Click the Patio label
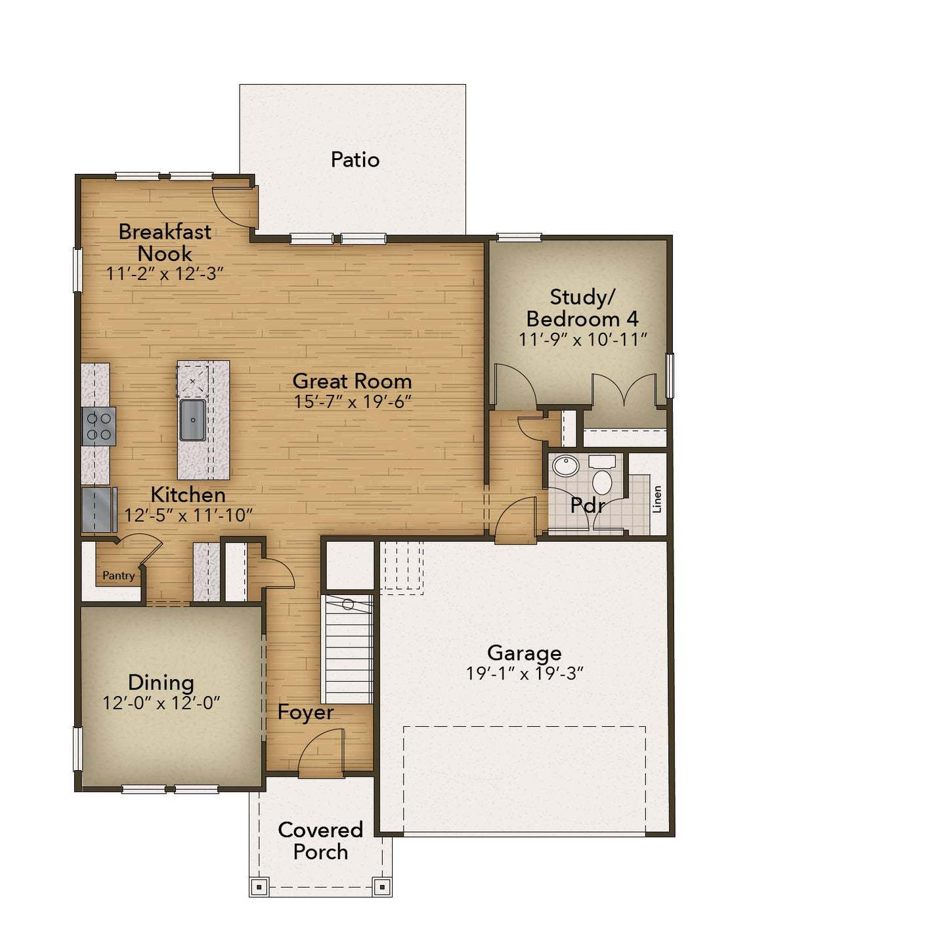355,159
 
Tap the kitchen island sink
192,420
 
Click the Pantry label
118,575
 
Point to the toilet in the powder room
602,477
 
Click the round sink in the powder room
565,466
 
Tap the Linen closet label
657,499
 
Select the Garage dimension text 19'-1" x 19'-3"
525,674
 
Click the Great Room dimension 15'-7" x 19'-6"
353,401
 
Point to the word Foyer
305,712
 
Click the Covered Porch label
320,840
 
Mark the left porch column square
259,887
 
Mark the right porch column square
382,887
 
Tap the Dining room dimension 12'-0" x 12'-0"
161,703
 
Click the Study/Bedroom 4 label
582,308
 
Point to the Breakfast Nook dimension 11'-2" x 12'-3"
165,274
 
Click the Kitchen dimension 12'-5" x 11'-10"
188,515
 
